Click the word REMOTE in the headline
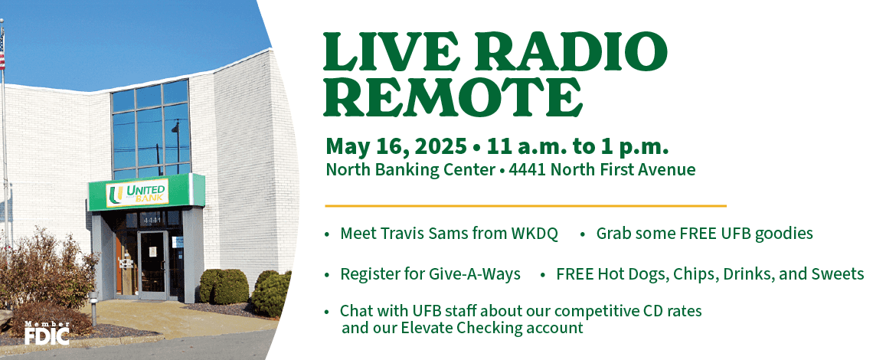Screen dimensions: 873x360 pyautogui.click(x=453, y=97)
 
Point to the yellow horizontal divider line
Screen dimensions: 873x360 pyautogui.click(x=525, y=205)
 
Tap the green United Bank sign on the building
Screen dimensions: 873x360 pyautogui.click(x=146, y=192)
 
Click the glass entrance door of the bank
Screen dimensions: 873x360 pyautogui.click(x=153, y=265)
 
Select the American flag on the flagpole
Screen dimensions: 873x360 pyautogui.click(x=2, y=50)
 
